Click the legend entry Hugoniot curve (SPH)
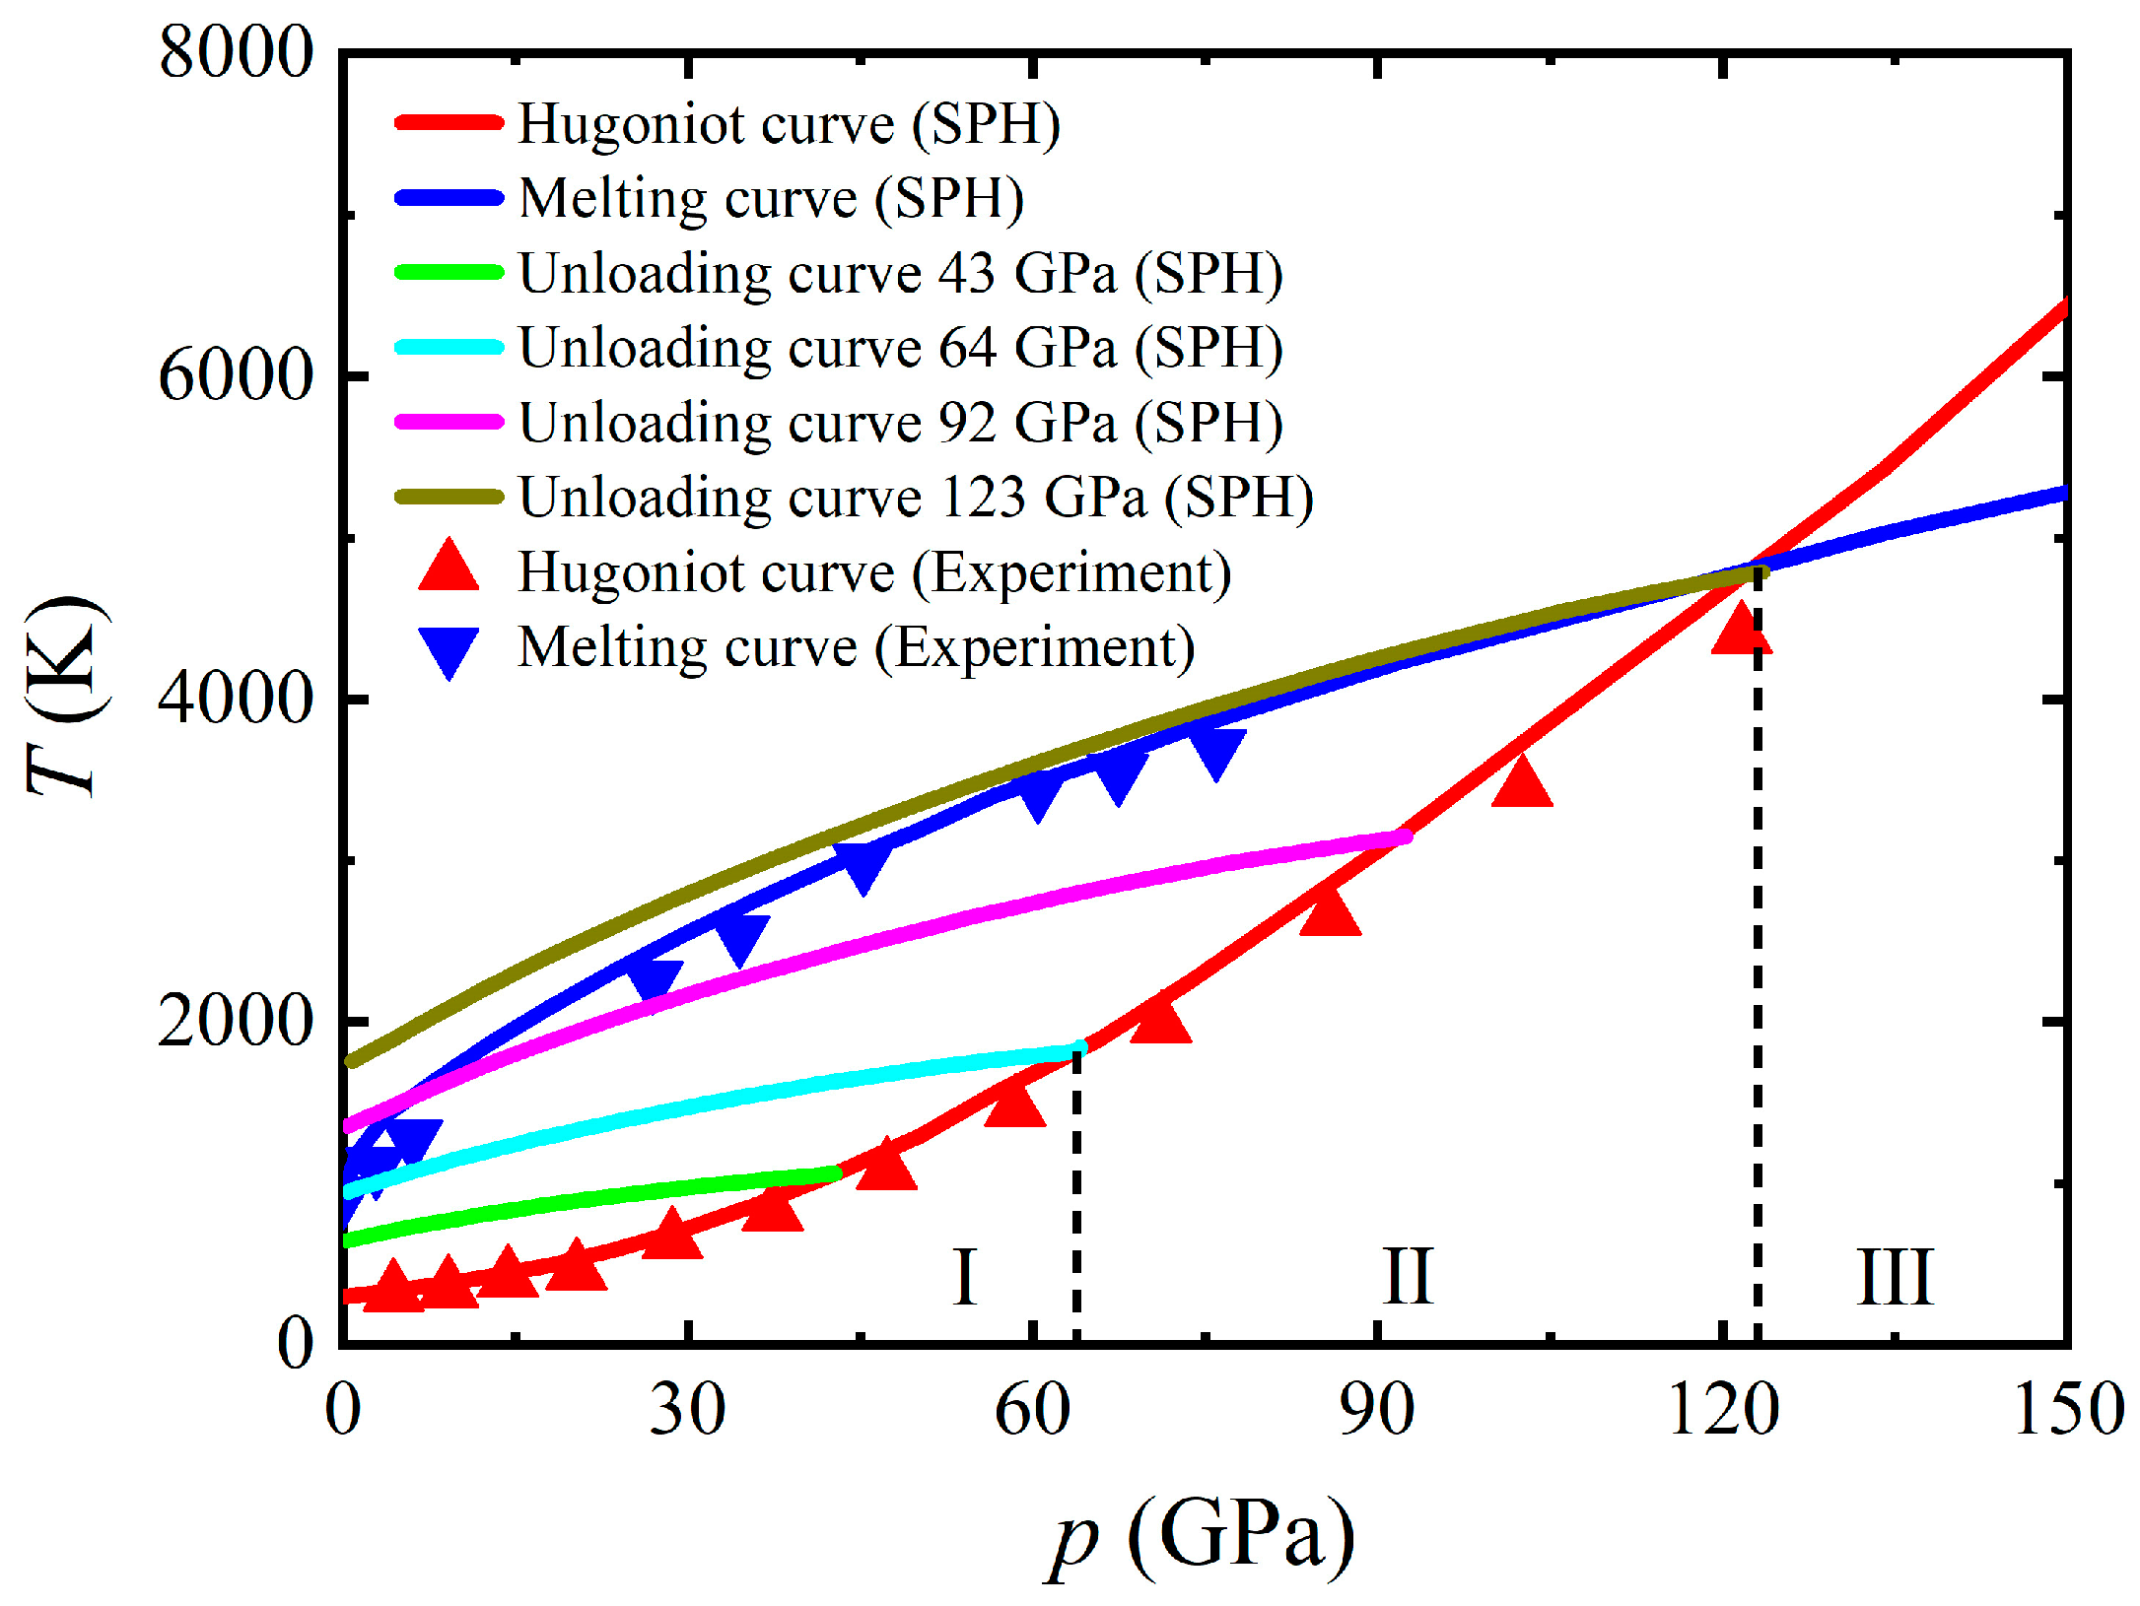pos(789,124)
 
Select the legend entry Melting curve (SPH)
pos(771,198)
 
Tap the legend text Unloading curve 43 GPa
pos(900,273)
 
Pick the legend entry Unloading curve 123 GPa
pos(915,497)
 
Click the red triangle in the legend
pos(449,568)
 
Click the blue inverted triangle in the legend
pos(449,650)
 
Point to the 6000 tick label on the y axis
pos(235,375)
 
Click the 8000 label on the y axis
pos(235,52)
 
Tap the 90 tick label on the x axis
pos(1376,1410)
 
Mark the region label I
pos(964,1277)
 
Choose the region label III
pos(1895,1277)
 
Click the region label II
pos(1407,1277)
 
